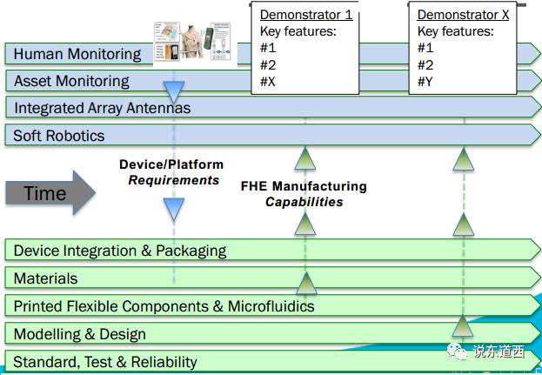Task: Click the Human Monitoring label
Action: pos(77,54)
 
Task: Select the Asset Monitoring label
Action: pos(71,81)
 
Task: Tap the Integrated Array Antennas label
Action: pos(102,109)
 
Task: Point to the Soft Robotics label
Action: pos(59,136)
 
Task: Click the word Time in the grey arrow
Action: pos(44,193)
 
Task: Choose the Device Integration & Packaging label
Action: pos(120,251)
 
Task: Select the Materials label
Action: pos(45,278)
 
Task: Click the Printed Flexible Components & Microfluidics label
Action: pos(164,306)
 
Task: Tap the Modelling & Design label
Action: pos(80,334)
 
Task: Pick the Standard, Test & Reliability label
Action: pos(105,362)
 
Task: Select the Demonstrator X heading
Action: pos(463,15)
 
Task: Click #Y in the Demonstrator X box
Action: pos(427,82)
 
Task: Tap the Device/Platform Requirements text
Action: pos(171,172)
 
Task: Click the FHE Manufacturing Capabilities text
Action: pos(304,194)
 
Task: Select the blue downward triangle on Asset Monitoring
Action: pos(175,91)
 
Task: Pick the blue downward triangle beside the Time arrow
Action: pos(175,209)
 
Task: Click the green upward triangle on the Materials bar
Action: pos(304,283)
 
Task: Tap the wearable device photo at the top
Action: pos(192,39)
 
